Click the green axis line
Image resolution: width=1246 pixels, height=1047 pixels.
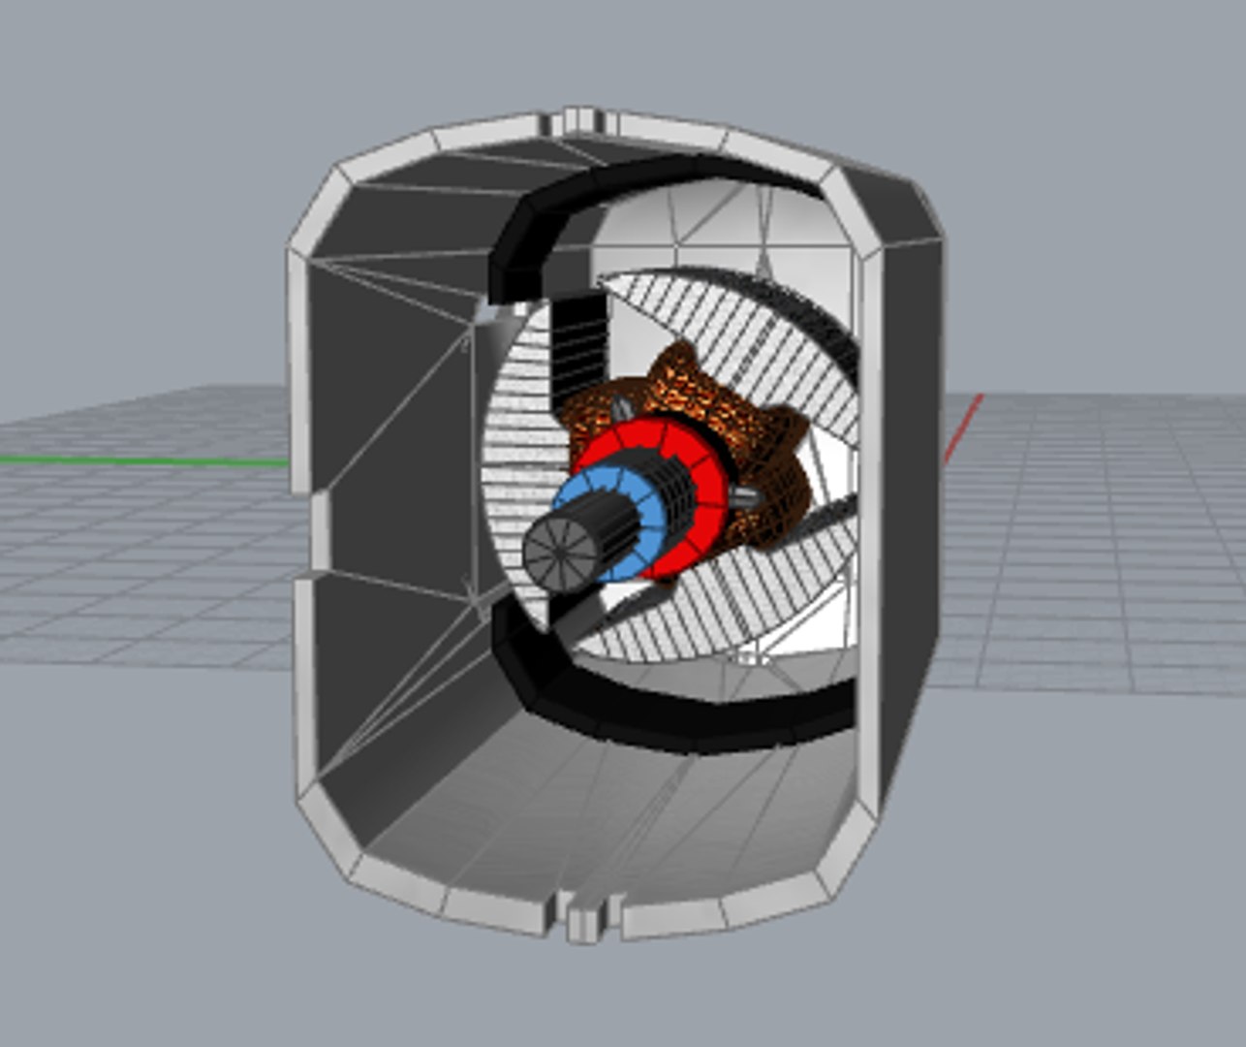click(x=145, y=460)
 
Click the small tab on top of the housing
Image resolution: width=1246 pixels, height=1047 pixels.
click(x=581, y=118)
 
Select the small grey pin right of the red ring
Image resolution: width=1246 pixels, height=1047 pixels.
click(x=746, y=496)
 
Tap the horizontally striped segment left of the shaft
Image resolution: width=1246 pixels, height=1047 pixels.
click(x=514, y=436)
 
